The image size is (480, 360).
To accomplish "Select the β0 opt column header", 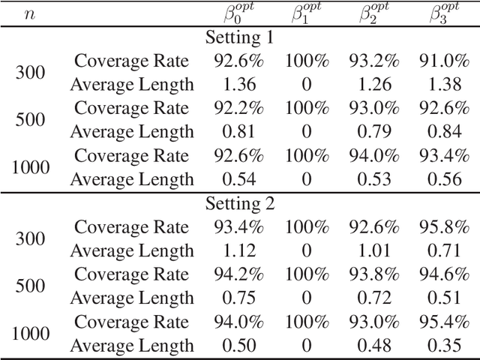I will [x=239, y=13].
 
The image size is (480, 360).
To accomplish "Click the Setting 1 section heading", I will [x=239, y=37].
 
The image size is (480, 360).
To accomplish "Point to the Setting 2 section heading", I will [x=239, y=203].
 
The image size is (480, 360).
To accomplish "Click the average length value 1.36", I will [x=239, y=85].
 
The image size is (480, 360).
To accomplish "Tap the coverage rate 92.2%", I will [x=239, y=109].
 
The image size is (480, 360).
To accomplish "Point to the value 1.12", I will [x=239, y=250].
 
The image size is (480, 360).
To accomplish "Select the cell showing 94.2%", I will [x=239, y=274].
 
